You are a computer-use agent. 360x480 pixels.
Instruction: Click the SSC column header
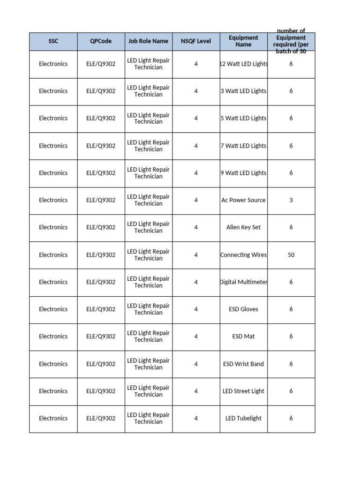pos(53,41)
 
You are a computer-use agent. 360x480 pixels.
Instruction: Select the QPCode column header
pos(101,41)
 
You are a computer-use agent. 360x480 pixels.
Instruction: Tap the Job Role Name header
pos(148,41)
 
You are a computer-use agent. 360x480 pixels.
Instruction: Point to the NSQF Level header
pos(196,41)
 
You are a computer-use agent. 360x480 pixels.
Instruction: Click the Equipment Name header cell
pos(243,41)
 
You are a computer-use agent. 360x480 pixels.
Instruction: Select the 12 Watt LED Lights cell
pos(244,64)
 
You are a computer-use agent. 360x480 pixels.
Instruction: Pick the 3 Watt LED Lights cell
pos(244,91)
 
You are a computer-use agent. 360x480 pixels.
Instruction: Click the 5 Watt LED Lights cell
pos(244,118)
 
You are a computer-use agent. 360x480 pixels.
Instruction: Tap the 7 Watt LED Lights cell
pos(244,146)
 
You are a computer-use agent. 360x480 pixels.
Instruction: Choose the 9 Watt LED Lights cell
pos(244,173)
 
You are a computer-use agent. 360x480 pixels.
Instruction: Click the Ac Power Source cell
pos(243,200)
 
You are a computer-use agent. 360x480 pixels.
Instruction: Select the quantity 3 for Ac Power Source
pos(291,200)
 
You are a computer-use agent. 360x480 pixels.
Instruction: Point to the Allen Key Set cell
pos(243,227)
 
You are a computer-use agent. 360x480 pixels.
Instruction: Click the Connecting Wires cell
pos(244,255)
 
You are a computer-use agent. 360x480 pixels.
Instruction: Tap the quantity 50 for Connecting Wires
pos(291,255)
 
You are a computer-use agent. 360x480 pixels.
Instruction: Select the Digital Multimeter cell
pos(244,282)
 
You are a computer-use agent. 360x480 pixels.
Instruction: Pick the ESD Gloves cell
pos(243,309)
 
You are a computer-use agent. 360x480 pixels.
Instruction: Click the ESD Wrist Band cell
pos(243,364)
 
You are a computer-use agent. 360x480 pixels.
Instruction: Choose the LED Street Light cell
pos(243,391)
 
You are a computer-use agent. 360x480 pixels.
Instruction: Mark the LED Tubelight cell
pos(243,418)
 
